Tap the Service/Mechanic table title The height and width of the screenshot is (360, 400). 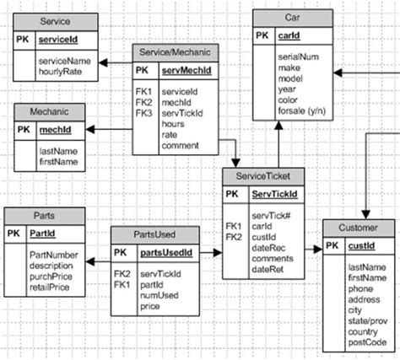tap(176, 52)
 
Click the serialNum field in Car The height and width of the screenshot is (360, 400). tap(300, 55)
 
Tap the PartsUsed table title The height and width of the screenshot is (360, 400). tap(155, 234)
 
